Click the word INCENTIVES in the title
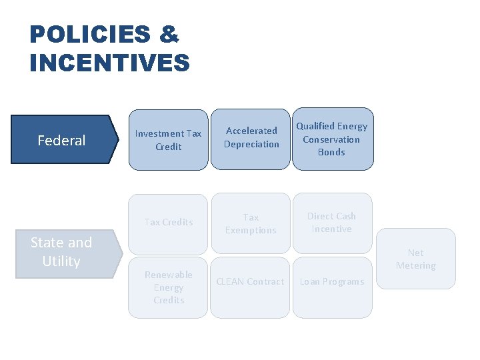[110, 63]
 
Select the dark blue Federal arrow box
[61, 140]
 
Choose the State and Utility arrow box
[61, 252]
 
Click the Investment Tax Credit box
[168, 140]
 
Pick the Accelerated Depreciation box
[251, 137]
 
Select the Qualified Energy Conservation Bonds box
[331, 139]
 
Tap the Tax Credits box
[168, 222]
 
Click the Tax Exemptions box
[251, 223]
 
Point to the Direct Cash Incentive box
[331, 223]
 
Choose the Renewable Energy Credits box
[168, 287]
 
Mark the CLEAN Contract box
[250, 281]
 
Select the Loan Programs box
[331, 281]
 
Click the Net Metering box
[415, 259]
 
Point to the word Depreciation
[251, 144]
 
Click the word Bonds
[331, 152]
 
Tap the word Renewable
[168, 275]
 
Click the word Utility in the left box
[61, 261]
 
